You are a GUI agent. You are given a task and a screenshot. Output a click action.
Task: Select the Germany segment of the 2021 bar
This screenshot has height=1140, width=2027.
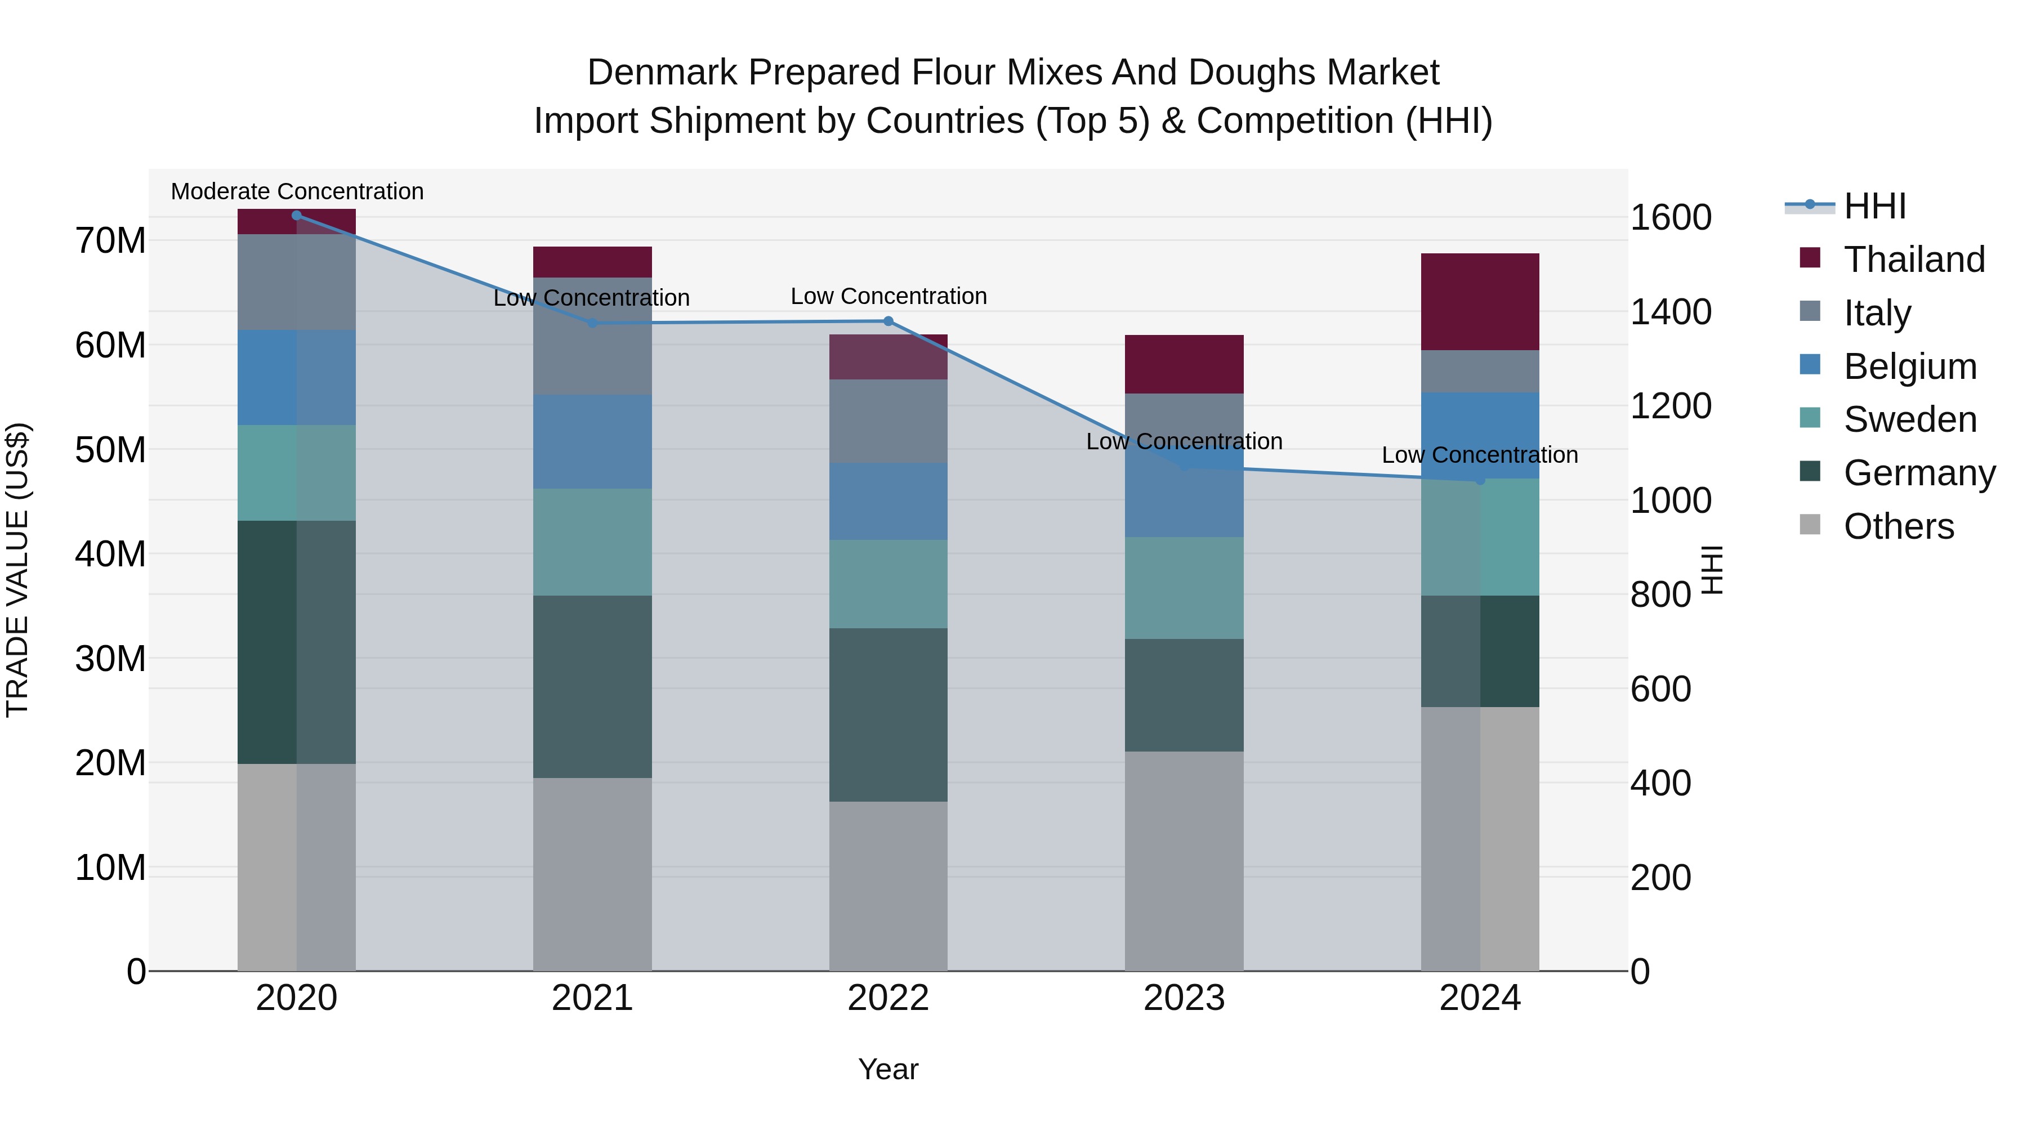[592, 686]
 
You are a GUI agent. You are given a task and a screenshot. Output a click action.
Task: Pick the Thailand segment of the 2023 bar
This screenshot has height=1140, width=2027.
[1184, 364]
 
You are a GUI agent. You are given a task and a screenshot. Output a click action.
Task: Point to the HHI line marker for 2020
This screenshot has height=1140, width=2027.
[297, 216]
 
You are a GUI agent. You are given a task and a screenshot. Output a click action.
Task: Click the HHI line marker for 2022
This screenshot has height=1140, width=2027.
[889, 321]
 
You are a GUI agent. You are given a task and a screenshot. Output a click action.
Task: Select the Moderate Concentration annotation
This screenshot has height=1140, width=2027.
[297, 191]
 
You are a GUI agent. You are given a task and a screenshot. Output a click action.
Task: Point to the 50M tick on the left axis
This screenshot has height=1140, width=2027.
[110, 450]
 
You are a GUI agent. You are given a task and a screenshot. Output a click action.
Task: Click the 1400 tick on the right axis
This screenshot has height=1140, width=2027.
[1670, 311]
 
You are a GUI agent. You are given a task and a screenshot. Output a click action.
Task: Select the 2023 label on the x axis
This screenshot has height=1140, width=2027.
[1184, 998]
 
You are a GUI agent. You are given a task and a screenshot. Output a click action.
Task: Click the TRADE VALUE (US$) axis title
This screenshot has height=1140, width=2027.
[17, 570]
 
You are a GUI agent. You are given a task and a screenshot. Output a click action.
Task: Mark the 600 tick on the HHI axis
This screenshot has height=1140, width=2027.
[1660, 689]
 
